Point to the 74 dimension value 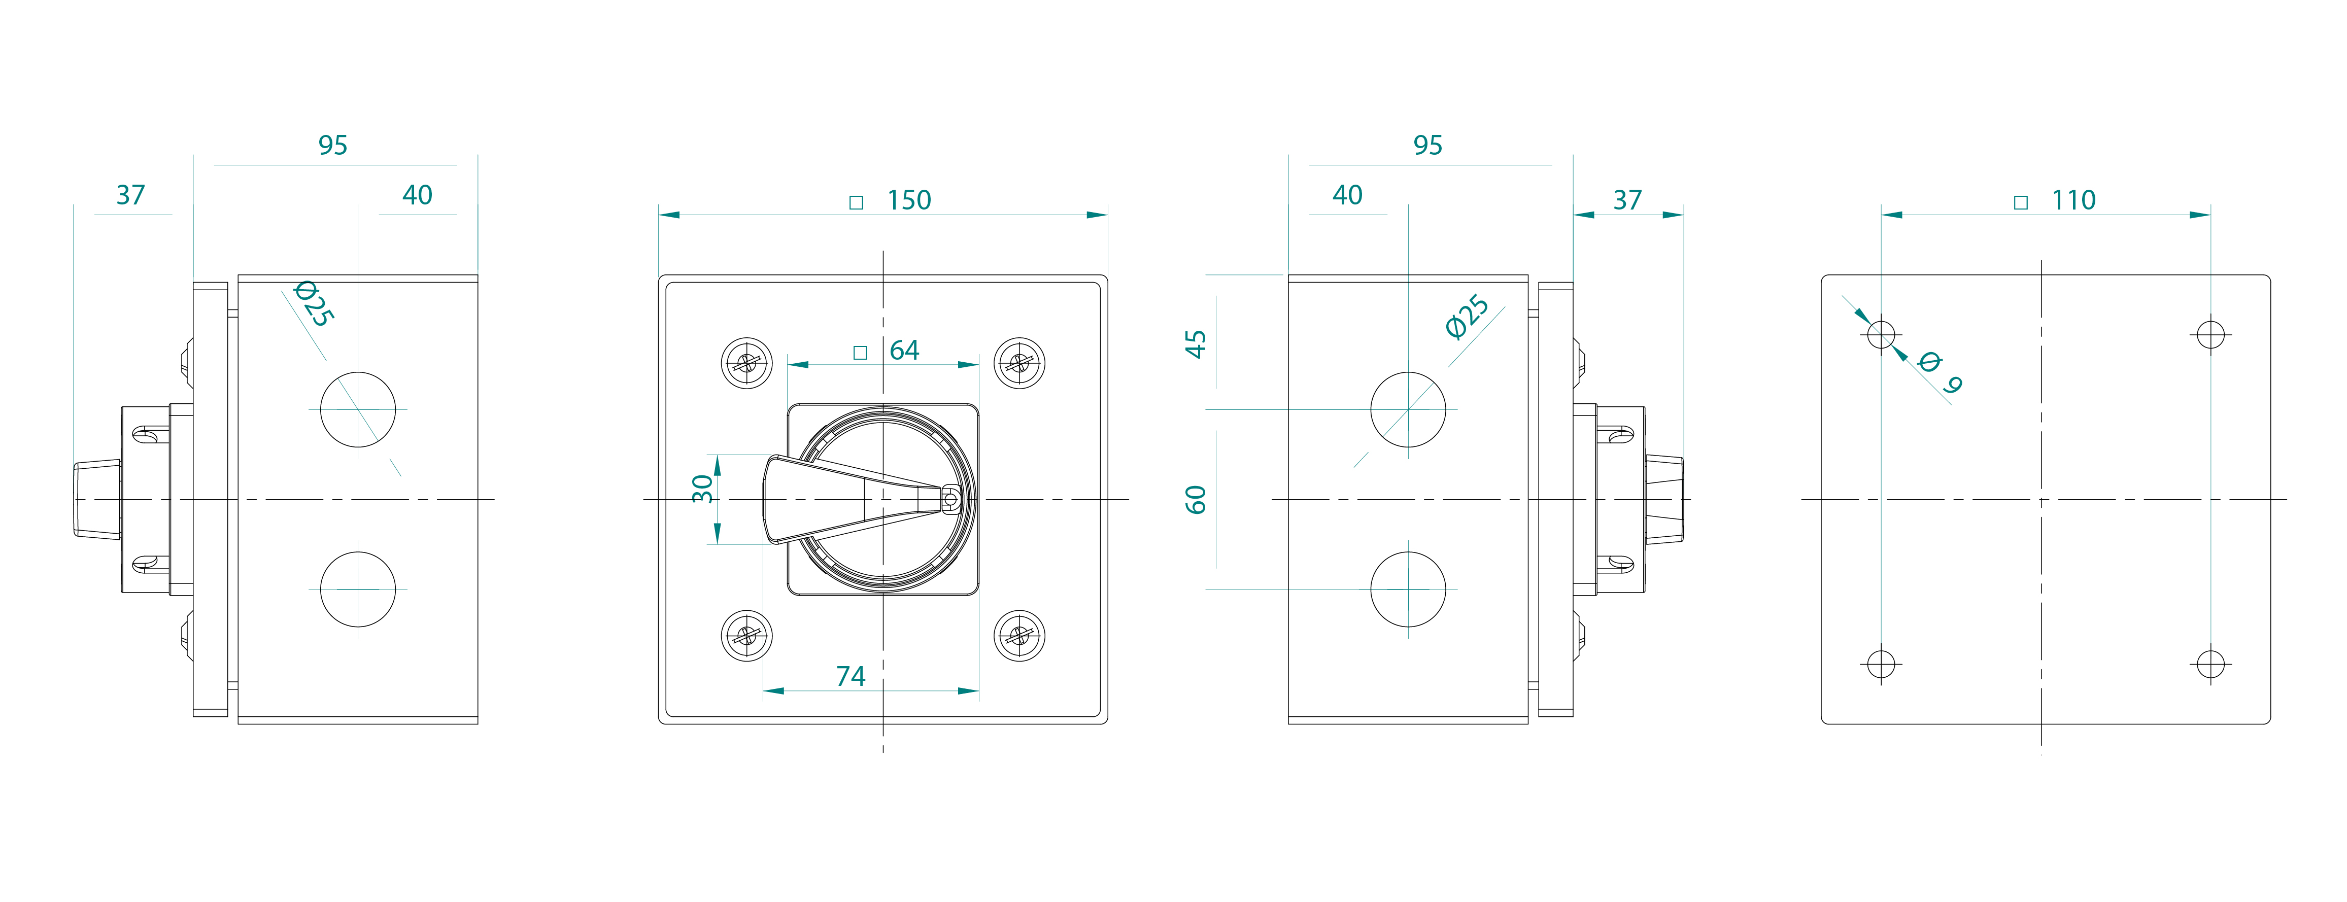pos(850,676)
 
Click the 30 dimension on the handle pos(702,489)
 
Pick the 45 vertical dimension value pos(1196,343)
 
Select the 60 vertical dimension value pos(1196,499)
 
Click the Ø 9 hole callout pos(1939,372)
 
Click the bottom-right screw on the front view pos(1018,635)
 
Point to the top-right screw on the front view pos(1018,364)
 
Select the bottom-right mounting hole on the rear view pos(2210,663)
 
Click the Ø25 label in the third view pos(1467,317)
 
